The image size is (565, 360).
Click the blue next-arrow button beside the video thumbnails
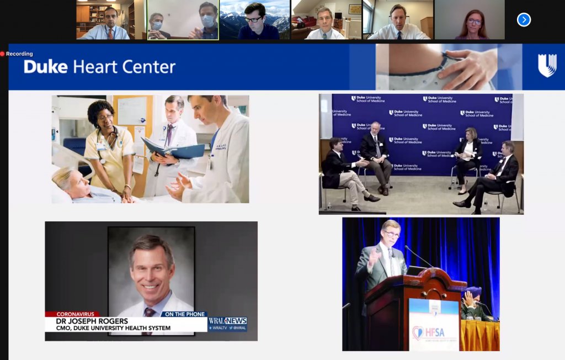pyautogui.click(x=524, y=20)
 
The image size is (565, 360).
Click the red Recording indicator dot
pyautogui.click(x=3, y=54)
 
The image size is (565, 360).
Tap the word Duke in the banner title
pyautogui.click(x=46, y=67)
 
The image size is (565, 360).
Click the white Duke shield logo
pyautogui.click(x=547, y=66)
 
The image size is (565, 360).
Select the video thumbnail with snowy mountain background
pyautogui.click(x=254, y=20)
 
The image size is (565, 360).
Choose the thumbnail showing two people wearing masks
pyautogui.click(x=183, y=20)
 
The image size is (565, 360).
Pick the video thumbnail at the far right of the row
pyautogui.click(x=469, y=20)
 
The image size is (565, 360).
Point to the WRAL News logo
pyautogui.click(x=227, y=321)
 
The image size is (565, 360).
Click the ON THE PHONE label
pyautogui.click(x=184, y=314)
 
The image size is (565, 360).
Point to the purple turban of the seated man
pyautogui.click(x=473, y=292)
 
